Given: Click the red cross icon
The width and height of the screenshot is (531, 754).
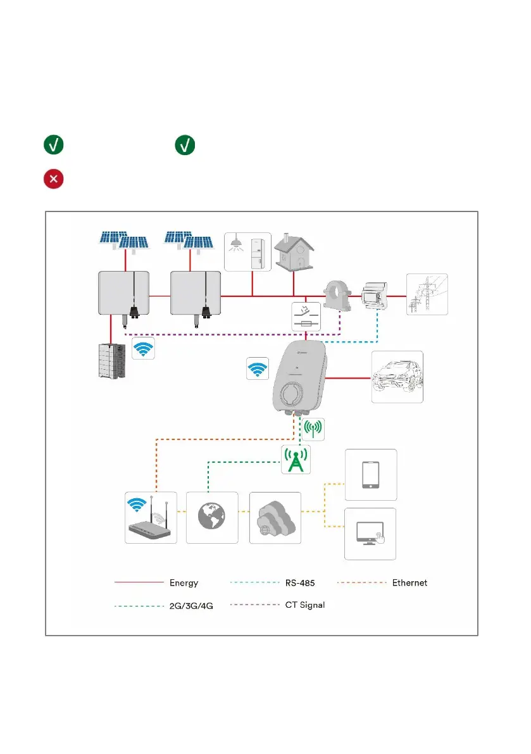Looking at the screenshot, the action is [53, 179].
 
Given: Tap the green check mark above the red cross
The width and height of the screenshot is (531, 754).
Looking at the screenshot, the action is [53, 145].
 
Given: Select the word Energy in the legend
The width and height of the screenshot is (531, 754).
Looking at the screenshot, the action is [184, 583].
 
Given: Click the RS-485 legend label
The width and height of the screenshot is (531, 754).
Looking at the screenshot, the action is [300, 583].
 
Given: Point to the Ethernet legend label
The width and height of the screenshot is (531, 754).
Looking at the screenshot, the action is [409, 583].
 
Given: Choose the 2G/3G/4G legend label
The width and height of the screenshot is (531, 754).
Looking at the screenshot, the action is [191, 606].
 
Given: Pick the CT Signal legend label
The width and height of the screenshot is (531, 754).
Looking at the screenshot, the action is [305, 605].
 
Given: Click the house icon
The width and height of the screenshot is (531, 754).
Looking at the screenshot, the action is [294, 252].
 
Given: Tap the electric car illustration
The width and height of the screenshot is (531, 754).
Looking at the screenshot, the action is [397, 377].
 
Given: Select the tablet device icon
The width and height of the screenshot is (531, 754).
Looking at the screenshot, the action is [371, 475].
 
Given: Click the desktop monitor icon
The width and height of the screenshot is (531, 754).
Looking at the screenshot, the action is [370, 534].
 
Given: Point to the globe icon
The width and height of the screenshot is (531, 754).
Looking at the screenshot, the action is [212, 517].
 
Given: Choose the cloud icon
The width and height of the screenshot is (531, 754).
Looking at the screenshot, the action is [275, 518].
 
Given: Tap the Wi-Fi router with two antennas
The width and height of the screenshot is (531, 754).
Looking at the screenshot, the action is [151, 517].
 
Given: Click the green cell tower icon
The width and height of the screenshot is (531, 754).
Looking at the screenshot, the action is [296, 460].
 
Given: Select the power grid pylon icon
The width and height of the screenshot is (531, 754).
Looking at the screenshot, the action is [427, 294].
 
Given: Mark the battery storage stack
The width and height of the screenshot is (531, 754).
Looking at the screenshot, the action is [112, 361].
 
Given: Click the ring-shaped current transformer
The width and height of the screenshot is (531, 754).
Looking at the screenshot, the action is [338, 295].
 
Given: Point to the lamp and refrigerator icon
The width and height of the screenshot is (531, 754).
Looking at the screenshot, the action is [247, 252].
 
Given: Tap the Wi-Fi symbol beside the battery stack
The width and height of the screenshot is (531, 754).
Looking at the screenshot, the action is [143, 348].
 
